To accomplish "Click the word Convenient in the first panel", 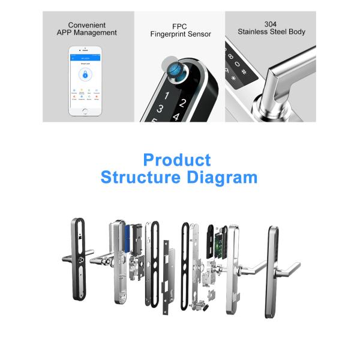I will tap(87, 25).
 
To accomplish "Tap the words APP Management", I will tap(87, 33).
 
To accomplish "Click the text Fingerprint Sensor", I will tap(180, 34).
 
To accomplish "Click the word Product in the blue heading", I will tap(177, 160).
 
